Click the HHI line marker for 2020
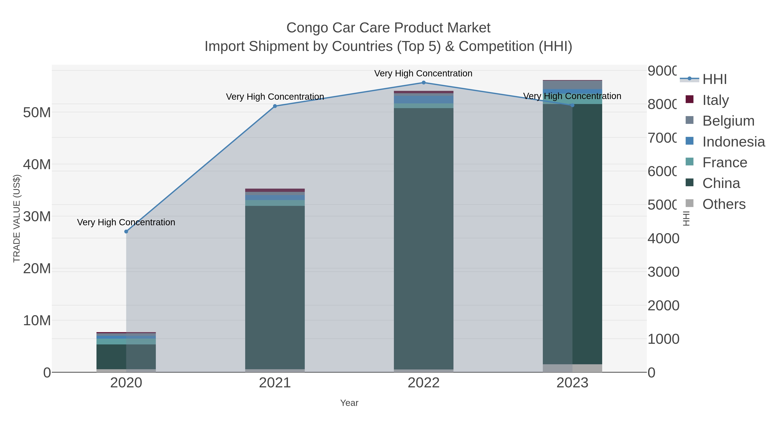click(126, 232)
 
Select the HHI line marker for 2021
click(275, 106)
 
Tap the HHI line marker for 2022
click(423, 83)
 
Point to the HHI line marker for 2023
click(572, 105)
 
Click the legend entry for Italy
click(715, 100)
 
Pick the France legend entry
click(725, 162)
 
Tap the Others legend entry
click(724, 204)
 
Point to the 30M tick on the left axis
click(37, 216)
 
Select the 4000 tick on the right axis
click(663, 238)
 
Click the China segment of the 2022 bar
click(423, 238)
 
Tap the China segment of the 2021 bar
click(275, 287)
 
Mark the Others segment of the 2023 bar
click(572, 368)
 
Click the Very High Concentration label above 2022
click(423, 74)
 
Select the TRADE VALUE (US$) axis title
click(17, 218)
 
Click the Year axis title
click(349, 403)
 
